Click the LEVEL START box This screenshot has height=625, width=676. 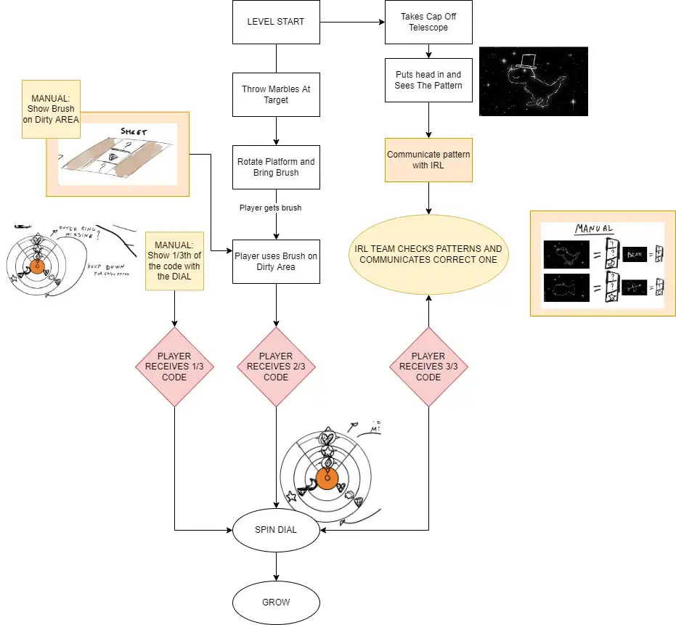pos(276,22)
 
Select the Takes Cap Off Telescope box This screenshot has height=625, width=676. pos(428,22)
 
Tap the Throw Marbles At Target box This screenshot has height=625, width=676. pos(276,94)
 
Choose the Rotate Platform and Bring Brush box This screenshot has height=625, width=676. pos(276,167)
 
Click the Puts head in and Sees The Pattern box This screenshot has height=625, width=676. pos(428,80)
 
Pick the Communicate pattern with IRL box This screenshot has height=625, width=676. pos(428,160)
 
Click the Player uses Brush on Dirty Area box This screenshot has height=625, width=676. pos(276,261)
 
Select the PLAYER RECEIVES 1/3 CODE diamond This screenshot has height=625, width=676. pos(174,367)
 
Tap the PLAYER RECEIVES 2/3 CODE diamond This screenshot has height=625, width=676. pos(276,367)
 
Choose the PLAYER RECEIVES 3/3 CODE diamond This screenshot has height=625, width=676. pos(428,367)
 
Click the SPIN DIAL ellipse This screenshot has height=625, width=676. pos(276,530)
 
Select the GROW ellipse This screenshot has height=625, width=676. pos(276,602)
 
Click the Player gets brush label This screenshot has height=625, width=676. pos(270,208)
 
